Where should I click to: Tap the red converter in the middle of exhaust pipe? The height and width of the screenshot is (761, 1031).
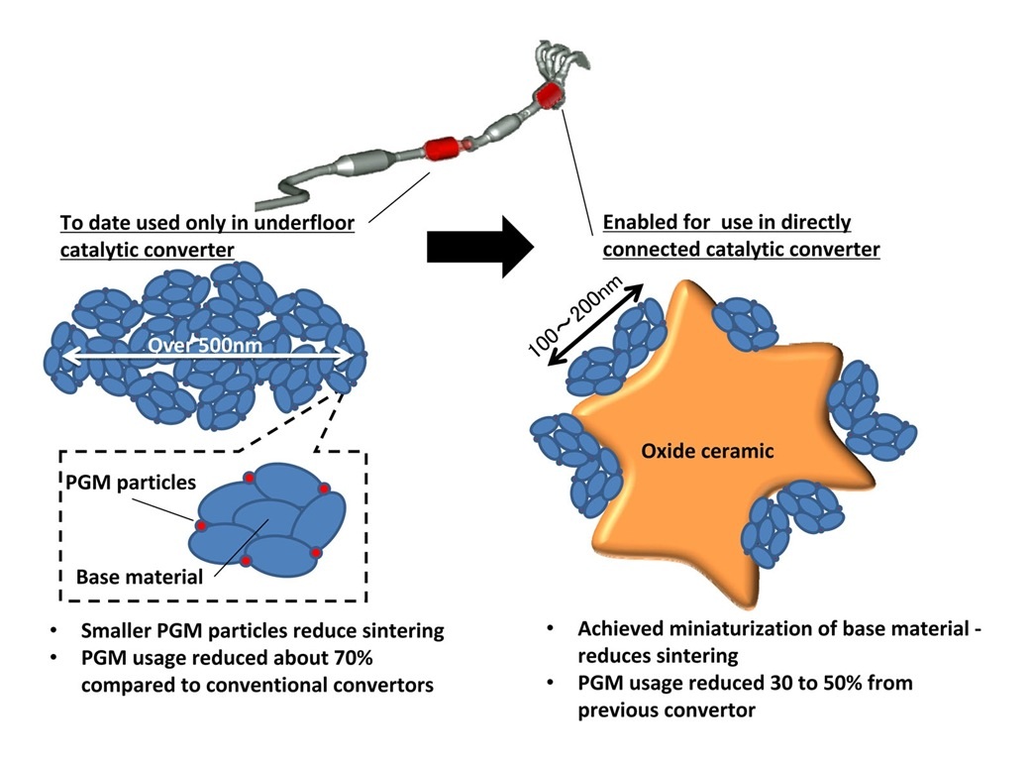click(445, 152)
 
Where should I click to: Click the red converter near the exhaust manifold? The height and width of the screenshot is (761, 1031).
click(548, 96)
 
